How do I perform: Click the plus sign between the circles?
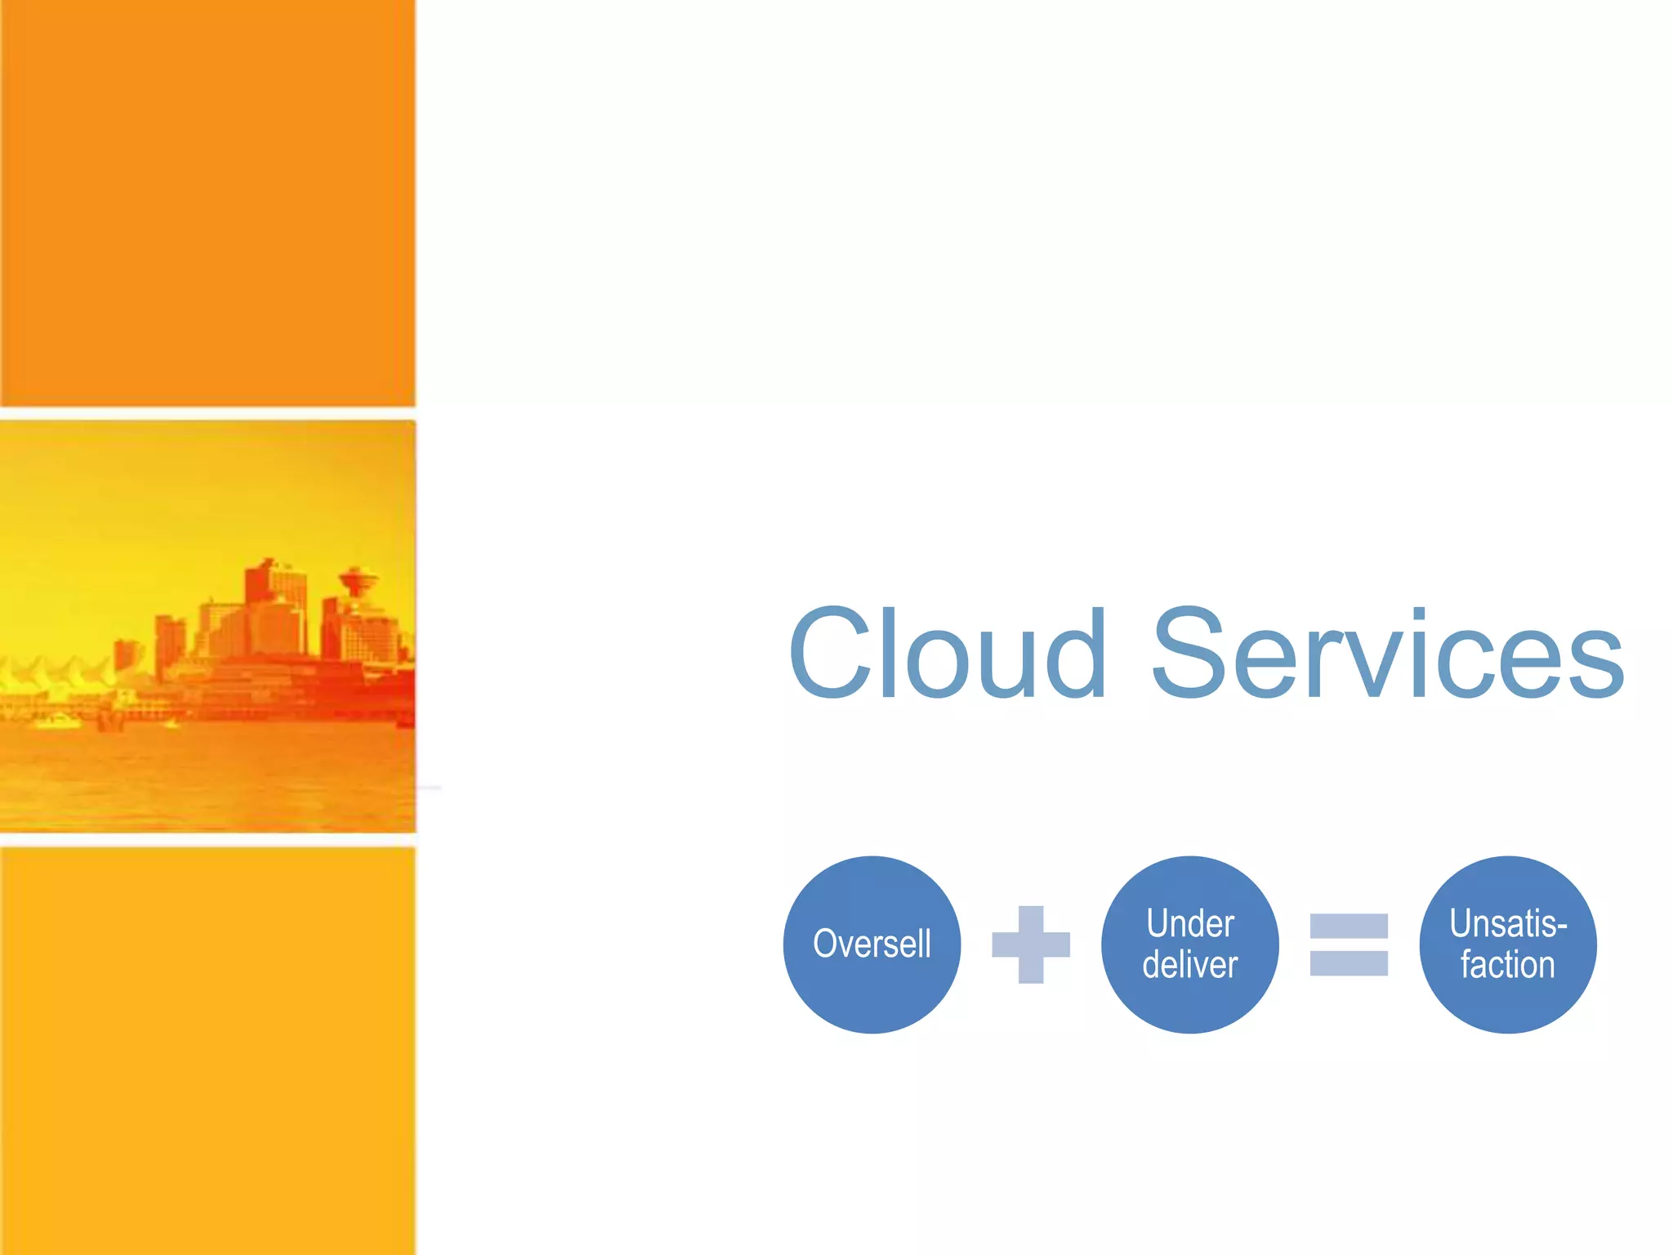(x=1030, y=945)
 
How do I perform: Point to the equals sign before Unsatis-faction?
(x=1349, y=945)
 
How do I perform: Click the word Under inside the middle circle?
(x=1189, y=923)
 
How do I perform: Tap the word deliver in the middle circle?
(x=1189, y=965)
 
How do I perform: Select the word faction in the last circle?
(x=1507, y=965)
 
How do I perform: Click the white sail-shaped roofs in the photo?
(x=57, y=674)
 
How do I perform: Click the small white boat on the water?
(x=57, y=721)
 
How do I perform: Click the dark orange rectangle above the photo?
(x=207, y=203)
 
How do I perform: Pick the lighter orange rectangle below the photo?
(x=207, y=1050)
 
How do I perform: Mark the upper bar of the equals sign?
(x=1349, y=926)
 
